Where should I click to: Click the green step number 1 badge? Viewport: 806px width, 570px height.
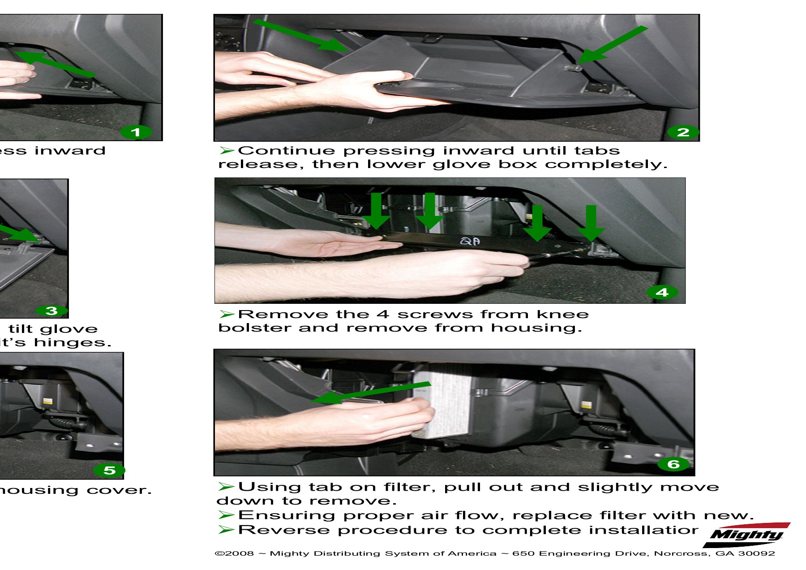136,132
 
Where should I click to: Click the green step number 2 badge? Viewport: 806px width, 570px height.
683,132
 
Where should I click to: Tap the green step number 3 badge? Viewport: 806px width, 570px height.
51,311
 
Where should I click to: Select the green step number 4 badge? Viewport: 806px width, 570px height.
662,293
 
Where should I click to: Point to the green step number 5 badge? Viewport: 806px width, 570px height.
109,470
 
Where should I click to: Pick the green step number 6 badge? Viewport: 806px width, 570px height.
673,464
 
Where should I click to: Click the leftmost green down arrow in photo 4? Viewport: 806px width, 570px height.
376,211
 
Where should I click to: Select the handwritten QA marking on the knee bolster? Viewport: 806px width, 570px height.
470,242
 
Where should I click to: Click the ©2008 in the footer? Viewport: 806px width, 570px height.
234,553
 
